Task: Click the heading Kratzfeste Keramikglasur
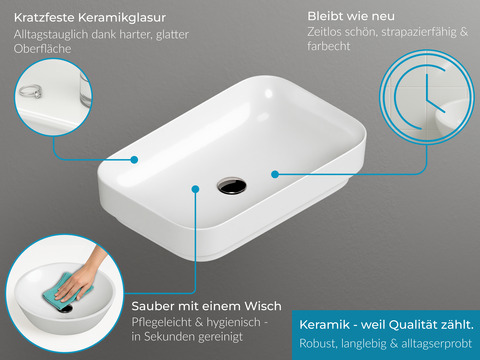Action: (x=90, y=18)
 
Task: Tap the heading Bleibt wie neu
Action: (x=351, y=16)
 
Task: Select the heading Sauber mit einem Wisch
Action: (x=206, y=306)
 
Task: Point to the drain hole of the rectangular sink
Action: (x=232, y=185)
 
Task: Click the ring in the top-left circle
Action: (x=30, y=91)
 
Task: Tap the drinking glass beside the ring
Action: (x=85, y=89)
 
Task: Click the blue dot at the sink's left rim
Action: (x=134, y=160)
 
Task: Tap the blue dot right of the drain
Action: (x=275, y=174)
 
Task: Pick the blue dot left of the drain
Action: (x=195, y=189)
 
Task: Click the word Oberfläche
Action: (x=42, y=49)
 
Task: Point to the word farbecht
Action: (x=329, y=46)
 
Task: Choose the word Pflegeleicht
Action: (x=161, y=322)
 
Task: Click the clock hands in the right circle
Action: (x=433, y=97)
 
